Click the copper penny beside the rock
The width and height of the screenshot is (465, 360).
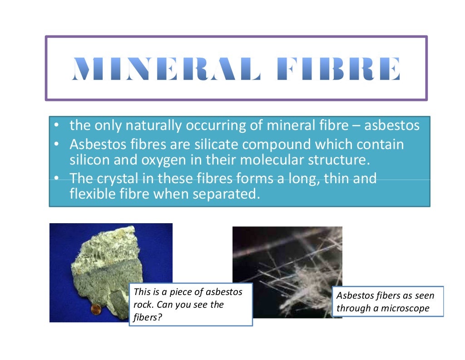96,310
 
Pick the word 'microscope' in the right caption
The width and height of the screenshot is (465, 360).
405,308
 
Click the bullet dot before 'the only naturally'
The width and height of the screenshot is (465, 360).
55,125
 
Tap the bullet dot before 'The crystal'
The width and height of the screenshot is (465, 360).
55,178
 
